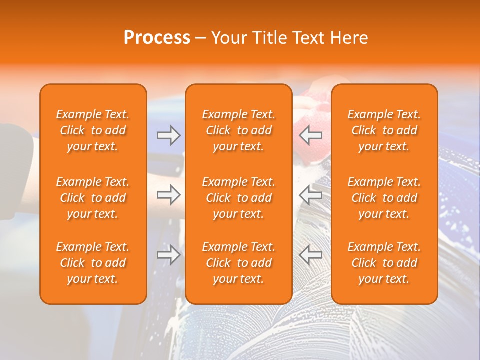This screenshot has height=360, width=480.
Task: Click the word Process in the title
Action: pos(157,38)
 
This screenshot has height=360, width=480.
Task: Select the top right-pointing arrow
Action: pos(169,135)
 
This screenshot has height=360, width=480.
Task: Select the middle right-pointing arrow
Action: pos(169,195)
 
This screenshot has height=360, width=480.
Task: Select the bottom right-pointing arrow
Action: pos(169,255)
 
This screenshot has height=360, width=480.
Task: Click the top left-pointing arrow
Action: pos(311,135)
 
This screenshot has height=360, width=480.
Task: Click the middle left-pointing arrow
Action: pos(311,195)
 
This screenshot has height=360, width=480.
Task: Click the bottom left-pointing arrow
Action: pos(311,255)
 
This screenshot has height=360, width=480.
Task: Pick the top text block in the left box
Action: pos(93,130)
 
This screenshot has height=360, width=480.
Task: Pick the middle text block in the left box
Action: pos(93,198)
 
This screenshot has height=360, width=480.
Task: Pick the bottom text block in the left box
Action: pos(93,263)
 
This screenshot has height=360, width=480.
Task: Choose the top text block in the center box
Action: pos(238,130)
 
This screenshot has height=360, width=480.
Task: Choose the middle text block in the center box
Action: pos(238,198)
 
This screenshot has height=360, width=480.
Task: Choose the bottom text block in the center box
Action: pos(238,263)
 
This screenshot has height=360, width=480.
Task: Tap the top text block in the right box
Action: pos(384,130)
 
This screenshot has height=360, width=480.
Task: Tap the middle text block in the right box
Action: pos(384,198)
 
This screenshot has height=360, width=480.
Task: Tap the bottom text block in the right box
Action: pos(384,263)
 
